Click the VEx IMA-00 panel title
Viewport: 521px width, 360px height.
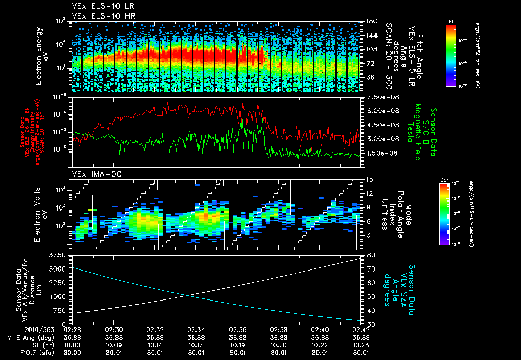click(x=92, y=174)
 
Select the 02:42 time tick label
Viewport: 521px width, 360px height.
click(x=360, y=329)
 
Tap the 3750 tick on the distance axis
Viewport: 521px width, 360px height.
click(x=56, y=254)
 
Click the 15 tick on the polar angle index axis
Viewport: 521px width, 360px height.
click(x=368, y=179)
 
